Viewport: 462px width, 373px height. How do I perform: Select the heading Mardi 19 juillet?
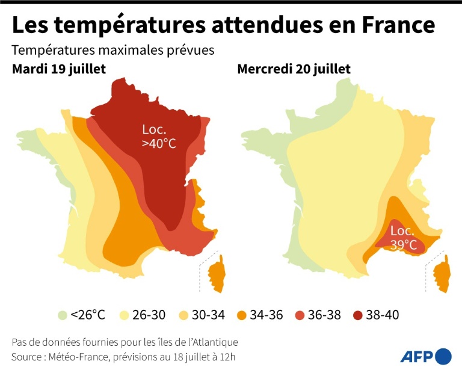[59, 69]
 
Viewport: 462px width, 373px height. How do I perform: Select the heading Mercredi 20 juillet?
[294, 69]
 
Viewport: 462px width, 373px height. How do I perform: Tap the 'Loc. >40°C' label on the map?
[159, 137]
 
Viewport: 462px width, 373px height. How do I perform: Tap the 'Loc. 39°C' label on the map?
[403, 238]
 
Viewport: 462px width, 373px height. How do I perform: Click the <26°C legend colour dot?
[63, 315]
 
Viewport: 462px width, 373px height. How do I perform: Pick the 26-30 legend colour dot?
[126, 315]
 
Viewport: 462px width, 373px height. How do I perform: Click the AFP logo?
[426, 356]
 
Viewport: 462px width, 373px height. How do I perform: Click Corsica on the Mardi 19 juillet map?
[217, 271]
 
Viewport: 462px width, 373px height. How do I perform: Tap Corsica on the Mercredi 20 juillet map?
[442, 274]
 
